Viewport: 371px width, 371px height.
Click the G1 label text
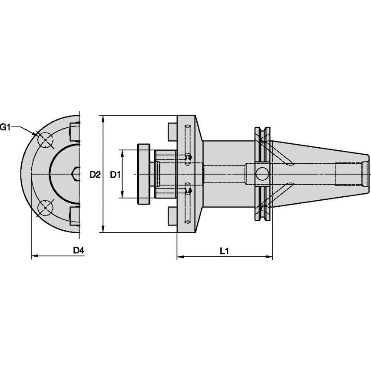[5, 127]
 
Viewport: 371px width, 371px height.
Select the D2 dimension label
[95, 175]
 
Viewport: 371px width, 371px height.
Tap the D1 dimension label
[115, 175]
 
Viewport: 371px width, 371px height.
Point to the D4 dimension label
[78, 250]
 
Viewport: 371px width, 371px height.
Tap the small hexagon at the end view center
[76, 174]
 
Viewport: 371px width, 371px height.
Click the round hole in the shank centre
[262, 174]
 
